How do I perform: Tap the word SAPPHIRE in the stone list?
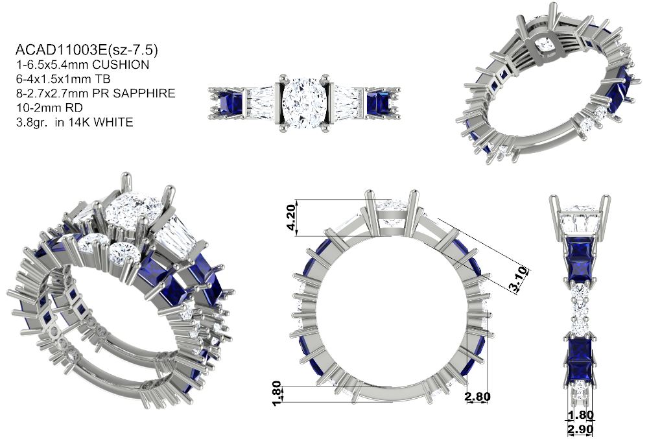pyautogui.click(x=144, y=93)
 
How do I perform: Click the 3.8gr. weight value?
pyautogui.click(x=31, y=123)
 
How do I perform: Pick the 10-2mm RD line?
pyautogui.click(x=49, y=108)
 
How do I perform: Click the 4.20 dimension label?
pyautogui.click(x=291, y=217)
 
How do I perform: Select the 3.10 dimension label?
pyautogui.click(x=519, y=280)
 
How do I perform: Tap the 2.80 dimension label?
pyautogui.click(x=477, y=397)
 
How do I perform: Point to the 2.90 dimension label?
pyautogui.click(x=580, y=430)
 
